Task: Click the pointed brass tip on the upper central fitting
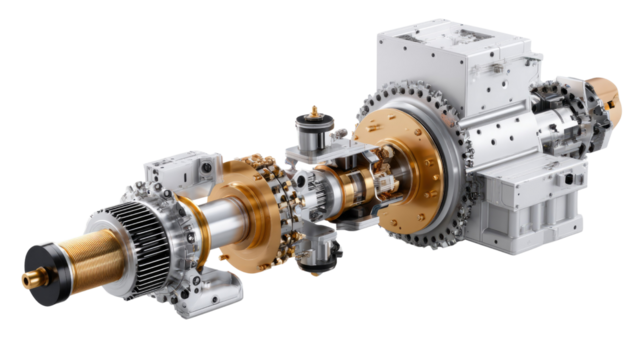click(x=313, y=108)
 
